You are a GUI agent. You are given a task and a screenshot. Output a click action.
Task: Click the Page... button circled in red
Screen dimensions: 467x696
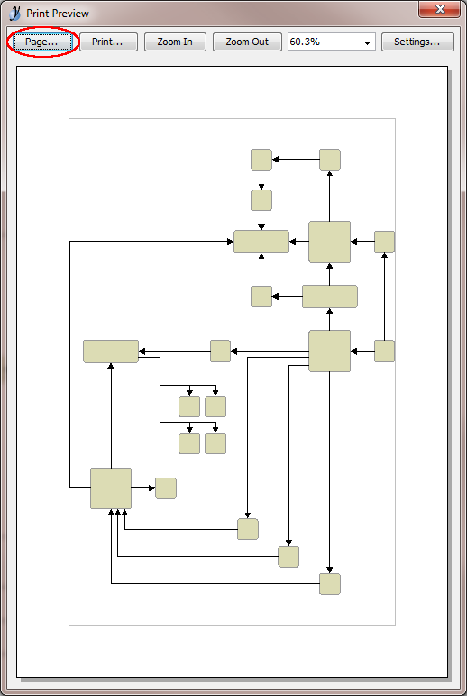pyautogui.click(x=42, y=42)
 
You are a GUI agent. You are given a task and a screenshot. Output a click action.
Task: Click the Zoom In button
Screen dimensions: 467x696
pyautogui.click(x=175, y=42)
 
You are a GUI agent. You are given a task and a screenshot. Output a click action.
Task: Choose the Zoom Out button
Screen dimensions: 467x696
pyautogui.click(x=247, y=42)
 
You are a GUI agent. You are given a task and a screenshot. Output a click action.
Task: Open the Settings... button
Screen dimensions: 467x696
pyautogui.click(x=417, y=42)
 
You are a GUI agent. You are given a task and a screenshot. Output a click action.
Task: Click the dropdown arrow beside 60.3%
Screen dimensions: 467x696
pyautogui.click(x=367, y=43)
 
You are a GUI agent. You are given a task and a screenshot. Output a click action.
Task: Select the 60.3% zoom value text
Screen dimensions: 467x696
pyautogui.click(x=305, y=42)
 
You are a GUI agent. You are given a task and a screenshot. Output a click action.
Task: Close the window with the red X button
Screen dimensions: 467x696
pyautogui.click(x=440, y=9)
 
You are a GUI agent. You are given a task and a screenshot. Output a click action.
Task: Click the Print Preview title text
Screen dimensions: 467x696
pyautogui.click(x=58, y=14)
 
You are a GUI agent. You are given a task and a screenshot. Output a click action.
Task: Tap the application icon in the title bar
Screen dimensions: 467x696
pyautogui.click(x=14, y=14)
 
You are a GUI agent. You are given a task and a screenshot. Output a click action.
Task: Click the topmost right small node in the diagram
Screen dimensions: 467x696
pyautogui.click(x=330, y=160)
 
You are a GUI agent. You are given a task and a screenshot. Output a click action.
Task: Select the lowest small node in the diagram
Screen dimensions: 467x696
pyautogui.click(x=330, y=584)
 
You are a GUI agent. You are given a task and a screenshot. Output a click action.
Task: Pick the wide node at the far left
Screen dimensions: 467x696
pyautogui.click(x=111, y=351)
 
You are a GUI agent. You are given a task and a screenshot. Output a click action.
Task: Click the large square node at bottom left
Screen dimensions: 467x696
pyautogui.click(x=111, y=488)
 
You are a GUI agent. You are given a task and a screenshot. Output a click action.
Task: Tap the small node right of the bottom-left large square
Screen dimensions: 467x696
pyautogui.click(x=166, y=488)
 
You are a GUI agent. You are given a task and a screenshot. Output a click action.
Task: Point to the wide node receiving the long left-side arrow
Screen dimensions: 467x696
pyautogui.click(x=261, y=241)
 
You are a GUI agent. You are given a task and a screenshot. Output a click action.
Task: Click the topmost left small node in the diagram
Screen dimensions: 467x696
pyautogui.click(x=261, y=160)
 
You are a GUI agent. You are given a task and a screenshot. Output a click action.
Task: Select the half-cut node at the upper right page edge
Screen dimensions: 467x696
pyautogui.click(x=385, y=242)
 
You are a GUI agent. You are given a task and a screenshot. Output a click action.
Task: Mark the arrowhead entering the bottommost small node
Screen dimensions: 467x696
pyautogui.click(x=330, y=570)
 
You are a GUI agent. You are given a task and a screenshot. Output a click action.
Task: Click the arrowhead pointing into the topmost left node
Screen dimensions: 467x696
pyautogui.click(x=275, y=160)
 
